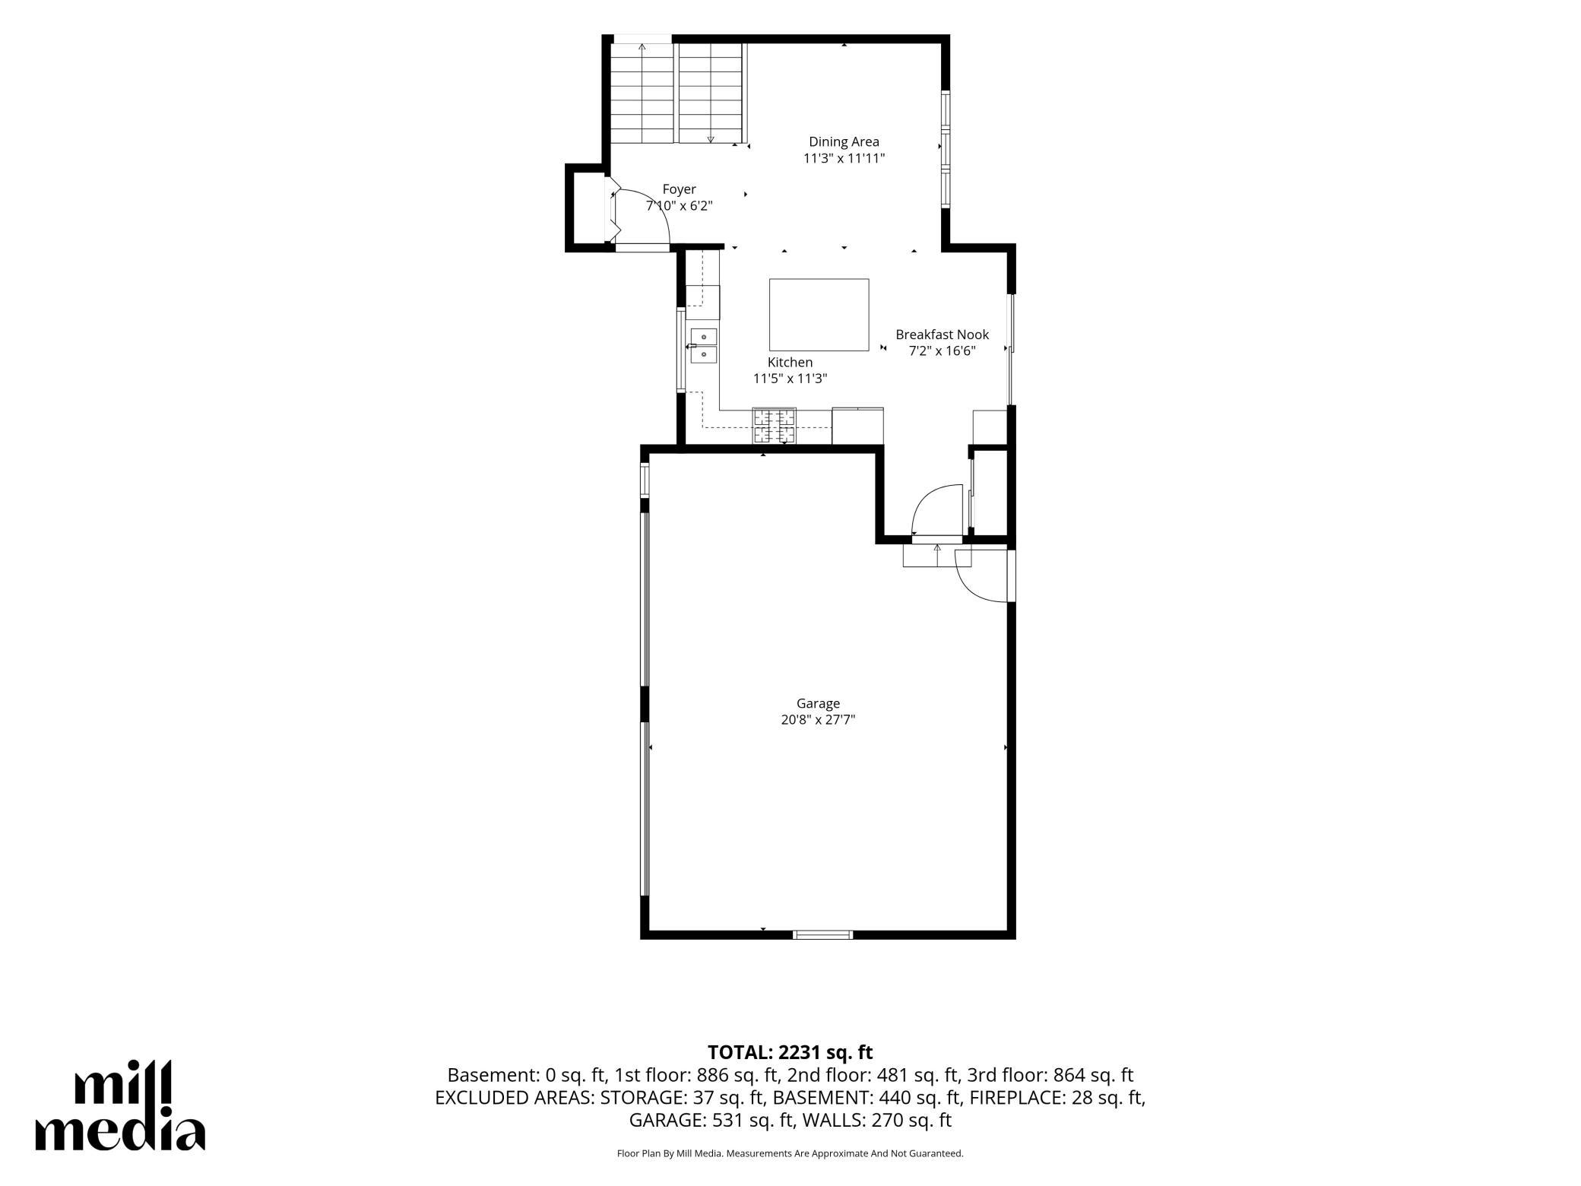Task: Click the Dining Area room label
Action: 844,141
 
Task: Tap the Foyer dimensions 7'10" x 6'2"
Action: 680,205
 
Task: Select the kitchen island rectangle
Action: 819,315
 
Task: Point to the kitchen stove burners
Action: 775,426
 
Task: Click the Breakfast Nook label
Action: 942,335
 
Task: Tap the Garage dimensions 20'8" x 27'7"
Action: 818,720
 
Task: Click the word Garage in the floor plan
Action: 818,704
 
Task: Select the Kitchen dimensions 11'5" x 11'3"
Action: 790,379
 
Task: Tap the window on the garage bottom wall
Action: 822,934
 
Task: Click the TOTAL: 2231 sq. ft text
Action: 790,1052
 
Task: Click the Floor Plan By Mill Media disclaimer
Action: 790,1153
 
